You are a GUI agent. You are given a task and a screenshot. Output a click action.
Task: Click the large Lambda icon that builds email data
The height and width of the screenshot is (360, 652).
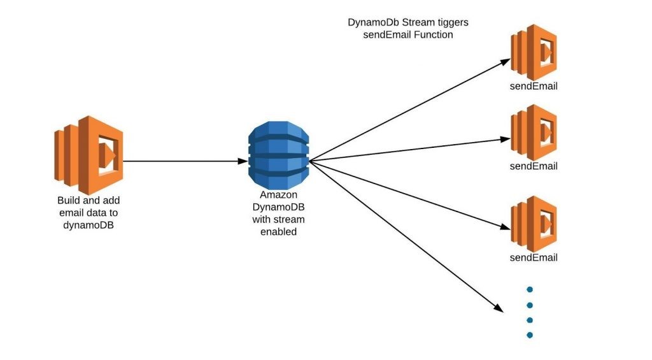(x=89, y=155)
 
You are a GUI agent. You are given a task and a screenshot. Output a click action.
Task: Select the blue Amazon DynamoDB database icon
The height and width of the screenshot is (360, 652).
(x=279, y=155)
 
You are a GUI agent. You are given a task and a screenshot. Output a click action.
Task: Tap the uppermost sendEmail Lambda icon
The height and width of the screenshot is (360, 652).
(x=534, y=52)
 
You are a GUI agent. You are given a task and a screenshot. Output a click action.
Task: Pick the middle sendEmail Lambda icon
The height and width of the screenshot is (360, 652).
(x=534, y=133)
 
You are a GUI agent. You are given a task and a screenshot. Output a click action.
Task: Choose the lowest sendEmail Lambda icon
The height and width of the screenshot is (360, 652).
(x=534, y=224)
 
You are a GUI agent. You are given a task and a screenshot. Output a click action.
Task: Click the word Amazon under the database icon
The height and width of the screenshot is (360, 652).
(x=279, y=195)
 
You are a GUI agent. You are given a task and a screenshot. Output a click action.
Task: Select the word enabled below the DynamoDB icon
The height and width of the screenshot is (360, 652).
(x=279, y=232)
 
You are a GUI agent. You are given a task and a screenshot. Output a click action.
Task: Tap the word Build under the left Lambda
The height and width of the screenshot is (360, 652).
(x=67, y=200)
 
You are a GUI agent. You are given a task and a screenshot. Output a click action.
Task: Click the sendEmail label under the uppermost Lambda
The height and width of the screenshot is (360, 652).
(x=534, y=86)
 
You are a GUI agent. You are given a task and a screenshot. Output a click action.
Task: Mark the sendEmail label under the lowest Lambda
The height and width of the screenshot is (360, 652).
(x=534, y=257)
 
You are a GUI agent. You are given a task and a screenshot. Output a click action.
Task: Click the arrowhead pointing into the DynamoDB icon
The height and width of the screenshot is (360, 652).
(x=243, y=161)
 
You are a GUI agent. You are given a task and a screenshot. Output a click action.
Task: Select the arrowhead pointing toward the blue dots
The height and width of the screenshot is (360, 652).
(x=499, y=308)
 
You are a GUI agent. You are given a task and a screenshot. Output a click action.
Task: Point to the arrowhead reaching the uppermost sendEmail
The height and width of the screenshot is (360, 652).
(x=505, y=62)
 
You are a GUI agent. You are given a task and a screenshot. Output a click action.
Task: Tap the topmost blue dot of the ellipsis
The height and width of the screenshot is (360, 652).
(x=530, y=289)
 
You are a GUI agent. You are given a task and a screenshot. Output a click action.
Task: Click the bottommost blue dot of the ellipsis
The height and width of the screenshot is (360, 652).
(x=530, y=335)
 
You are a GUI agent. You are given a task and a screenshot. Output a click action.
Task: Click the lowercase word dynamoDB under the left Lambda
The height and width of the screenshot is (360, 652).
(x=89, y=225)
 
